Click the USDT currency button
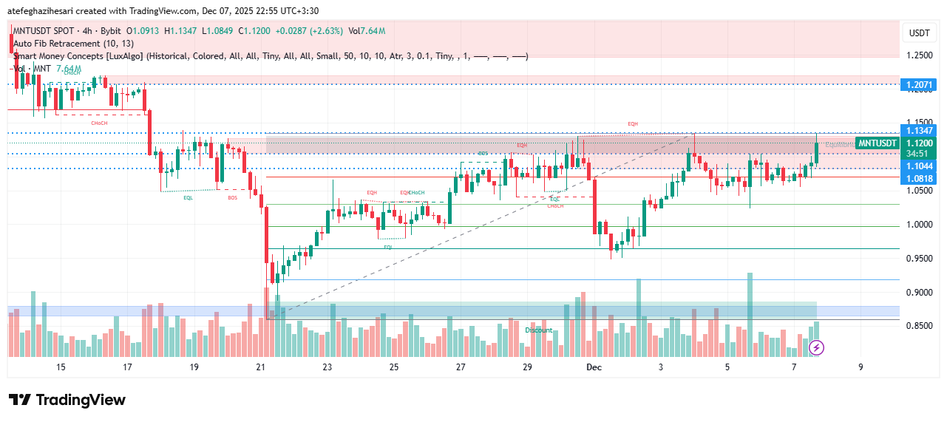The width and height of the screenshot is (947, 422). pyautogui.click(x=919, y=33)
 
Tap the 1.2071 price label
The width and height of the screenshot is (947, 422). pyautogui.click(x=919, y=85)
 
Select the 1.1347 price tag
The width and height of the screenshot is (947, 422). pyautogui.click(x=919, y=130)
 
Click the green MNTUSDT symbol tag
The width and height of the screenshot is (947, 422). pyautogui.click(x=878, y=143)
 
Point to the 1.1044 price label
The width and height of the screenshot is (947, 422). pyautogui.click(x=919, y=167)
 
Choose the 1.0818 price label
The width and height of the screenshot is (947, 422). pyautogui.click(x=919, y=179)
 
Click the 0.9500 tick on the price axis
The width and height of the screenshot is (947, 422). pyautogui.click(x=919, y=259)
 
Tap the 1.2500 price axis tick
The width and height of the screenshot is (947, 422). pyautogui.click(x=919, y=55)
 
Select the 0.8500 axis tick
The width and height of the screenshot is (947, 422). pyautogui.click(x=919, y=326)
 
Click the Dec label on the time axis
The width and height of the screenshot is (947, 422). pyautogui.click(x=594, y=367)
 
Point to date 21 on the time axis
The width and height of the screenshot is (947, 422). pyautogui.click(x=260, y=367)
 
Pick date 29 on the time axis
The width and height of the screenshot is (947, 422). pyautogui.click(x=527, y=367)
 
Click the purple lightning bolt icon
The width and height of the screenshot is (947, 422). pyautogui.click(x=817, y=347)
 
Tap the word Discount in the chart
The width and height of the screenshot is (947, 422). pyautogui.click(x=539, y=330)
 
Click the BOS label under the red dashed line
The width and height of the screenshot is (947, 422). pyautogui.click(x=233, y=197)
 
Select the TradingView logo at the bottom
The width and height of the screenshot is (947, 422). pyautogui.click(x=67, y=400)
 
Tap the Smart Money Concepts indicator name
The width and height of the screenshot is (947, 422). pyautogui.click(x=78, y=56)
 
